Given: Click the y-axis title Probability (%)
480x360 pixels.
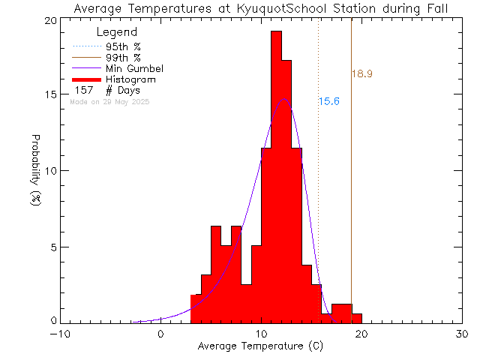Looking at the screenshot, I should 35,171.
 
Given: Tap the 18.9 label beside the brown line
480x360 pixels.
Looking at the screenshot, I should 362,74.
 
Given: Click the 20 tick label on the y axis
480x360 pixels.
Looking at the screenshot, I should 49,19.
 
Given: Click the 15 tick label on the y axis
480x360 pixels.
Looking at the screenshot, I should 49,95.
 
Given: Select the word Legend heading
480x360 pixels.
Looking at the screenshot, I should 117,32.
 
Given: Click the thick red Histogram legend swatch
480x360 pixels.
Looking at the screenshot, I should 88,79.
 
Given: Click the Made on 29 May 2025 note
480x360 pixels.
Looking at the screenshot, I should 109,101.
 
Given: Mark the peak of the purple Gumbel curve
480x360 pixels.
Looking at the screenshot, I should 283,98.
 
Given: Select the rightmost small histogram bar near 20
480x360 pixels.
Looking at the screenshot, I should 357,318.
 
